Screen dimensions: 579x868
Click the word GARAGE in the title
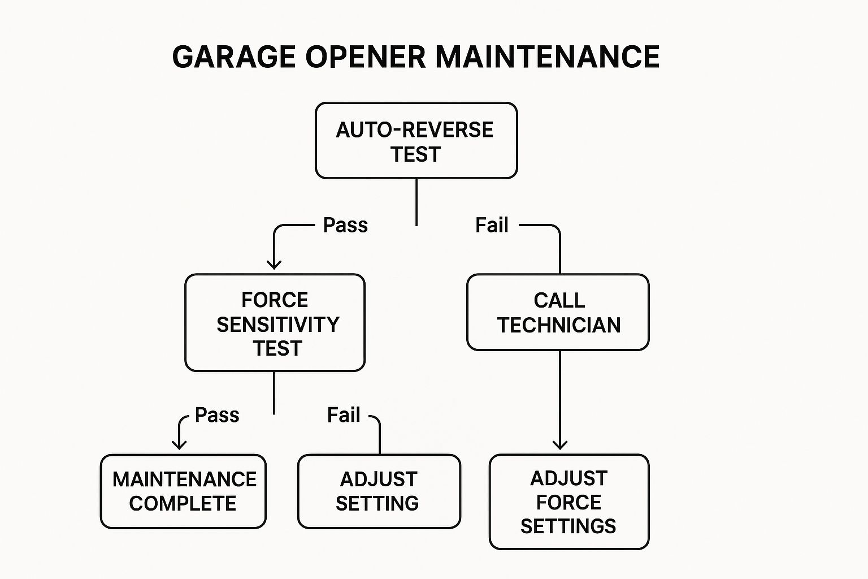click(233, 57)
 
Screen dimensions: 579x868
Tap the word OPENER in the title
click(365, 57)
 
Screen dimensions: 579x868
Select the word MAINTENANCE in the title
click(547, 57)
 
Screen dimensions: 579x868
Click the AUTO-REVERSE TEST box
click(416, 141)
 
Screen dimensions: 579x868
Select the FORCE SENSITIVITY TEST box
click(275, 323)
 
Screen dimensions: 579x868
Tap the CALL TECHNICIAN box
click(558, 312)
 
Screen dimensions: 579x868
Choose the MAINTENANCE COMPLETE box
click(183, 491)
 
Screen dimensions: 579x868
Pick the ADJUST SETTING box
click(379, 491)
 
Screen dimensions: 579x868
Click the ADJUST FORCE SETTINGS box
click(569, 502)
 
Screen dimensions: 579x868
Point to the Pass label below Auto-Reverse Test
click(345, 225)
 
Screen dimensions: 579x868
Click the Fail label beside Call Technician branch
click(492, 225)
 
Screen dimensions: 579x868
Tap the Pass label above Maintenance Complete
click(217, 415)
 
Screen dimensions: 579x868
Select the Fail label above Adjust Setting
click(344, 415)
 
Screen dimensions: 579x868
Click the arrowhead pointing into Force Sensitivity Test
click(274, 265)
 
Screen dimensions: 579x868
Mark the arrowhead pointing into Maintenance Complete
click(179, 445)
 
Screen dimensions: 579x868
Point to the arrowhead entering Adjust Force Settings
click(559, 445)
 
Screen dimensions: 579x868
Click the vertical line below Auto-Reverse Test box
click(416, 202)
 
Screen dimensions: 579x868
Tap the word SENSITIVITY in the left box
click(278, 325)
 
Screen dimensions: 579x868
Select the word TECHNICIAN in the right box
click(559, 325)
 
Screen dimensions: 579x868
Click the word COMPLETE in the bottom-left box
click(183, 503)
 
